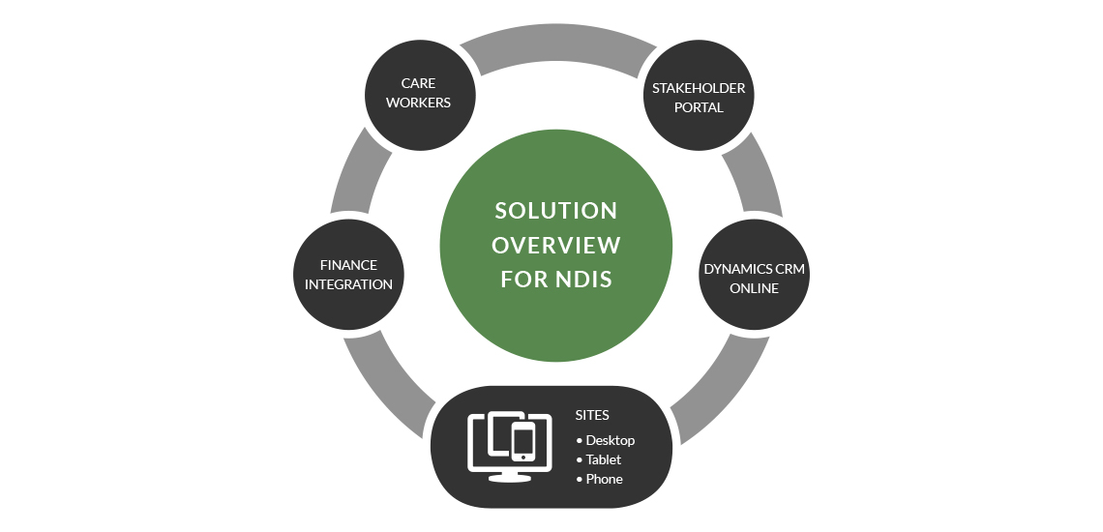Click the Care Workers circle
point(419,94)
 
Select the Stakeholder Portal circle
point(698,97)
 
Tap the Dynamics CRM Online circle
point(754,278)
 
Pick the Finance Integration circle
point(348,274)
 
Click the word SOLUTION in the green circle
point(555,211)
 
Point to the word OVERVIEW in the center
point(555,245)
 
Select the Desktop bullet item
point(610,440)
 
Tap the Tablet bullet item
point(603,459)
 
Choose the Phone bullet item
point(604,479)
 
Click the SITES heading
point(592,415)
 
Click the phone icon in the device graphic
point(523,442)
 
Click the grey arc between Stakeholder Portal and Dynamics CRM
point(759,174)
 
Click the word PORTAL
point(699,107)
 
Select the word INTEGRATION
point(348,284)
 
